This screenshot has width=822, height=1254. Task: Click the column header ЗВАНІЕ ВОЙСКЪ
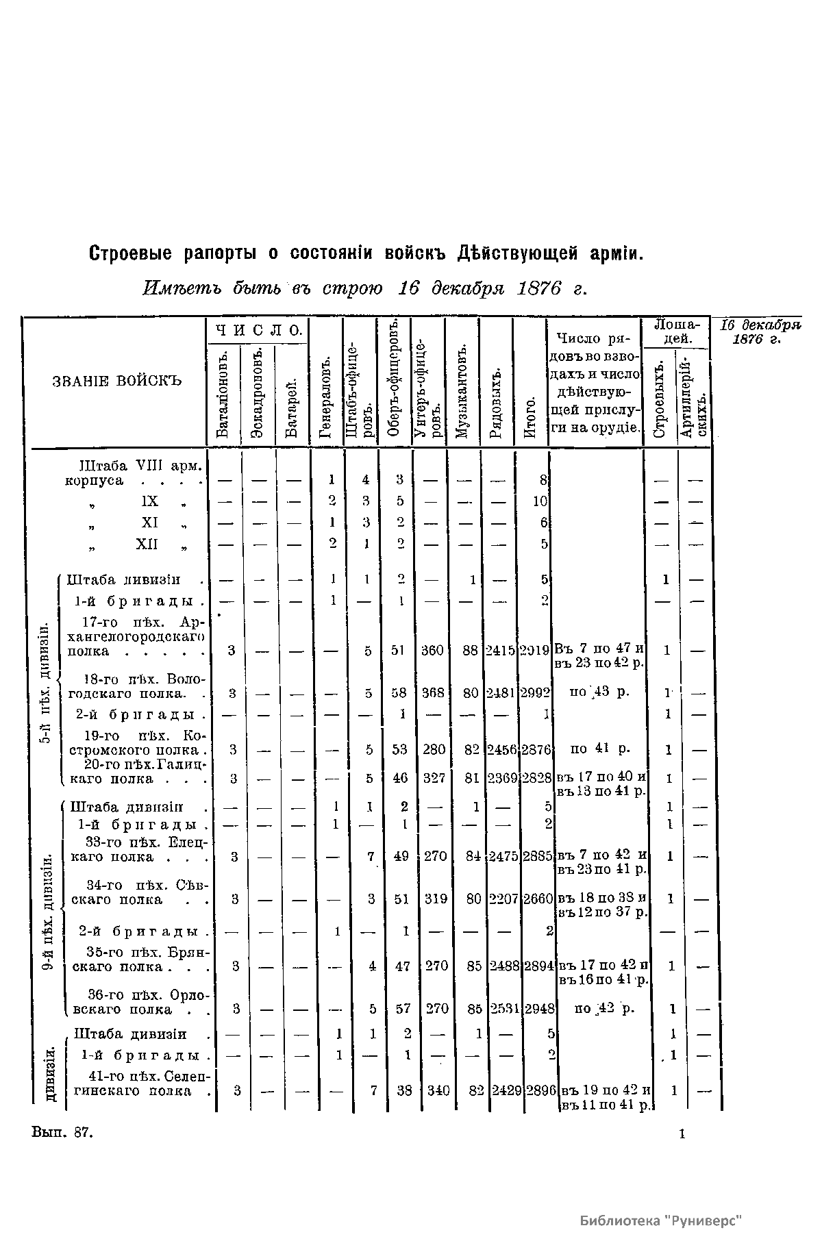click(117, 381)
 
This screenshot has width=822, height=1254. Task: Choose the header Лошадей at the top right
click(675, 333)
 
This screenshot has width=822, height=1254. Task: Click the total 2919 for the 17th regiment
click(534, 650)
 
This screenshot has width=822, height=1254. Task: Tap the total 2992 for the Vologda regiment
click(535, 692)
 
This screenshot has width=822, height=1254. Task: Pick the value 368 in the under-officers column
click(433, 692)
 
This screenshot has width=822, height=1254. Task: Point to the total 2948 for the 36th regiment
click(538, 1009)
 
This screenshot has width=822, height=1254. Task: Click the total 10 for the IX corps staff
click(540, 501)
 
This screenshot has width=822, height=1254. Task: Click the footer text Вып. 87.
click(62, 1133)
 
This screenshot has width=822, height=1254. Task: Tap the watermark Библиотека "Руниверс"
click(661, 1220)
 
